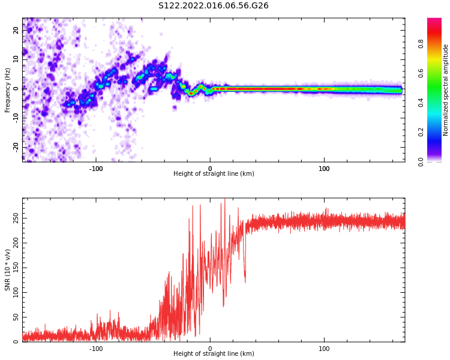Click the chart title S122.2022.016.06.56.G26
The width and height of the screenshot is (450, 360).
tap(214, 6)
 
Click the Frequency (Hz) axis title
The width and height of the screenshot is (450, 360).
tap(8, 89)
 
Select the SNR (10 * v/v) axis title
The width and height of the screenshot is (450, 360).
tap(8, 270)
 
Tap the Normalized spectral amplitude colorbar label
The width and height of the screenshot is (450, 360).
tap(446, 89)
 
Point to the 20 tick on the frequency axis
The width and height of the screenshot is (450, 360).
tap(16, 30)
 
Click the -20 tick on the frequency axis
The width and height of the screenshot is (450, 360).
tap(16, 147)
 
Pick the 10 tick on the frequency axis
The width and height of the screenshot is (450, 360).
tap(16, 59)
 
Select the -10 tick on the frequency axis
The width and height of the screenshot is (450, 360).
tap(16, 118)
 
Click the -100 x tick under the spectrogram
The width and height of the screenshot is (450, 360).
tap(96, 169)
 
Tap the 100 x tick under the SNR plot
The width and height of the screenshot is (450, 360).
tap(324, 349)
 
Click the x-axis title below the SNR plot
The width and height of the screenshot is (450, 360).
tap(214, 354)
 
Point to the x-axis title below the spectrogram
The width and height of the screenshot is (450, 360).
tap(214, 174)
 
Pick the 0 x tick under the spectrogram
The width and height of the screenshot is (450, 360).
tap(210, 169)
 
